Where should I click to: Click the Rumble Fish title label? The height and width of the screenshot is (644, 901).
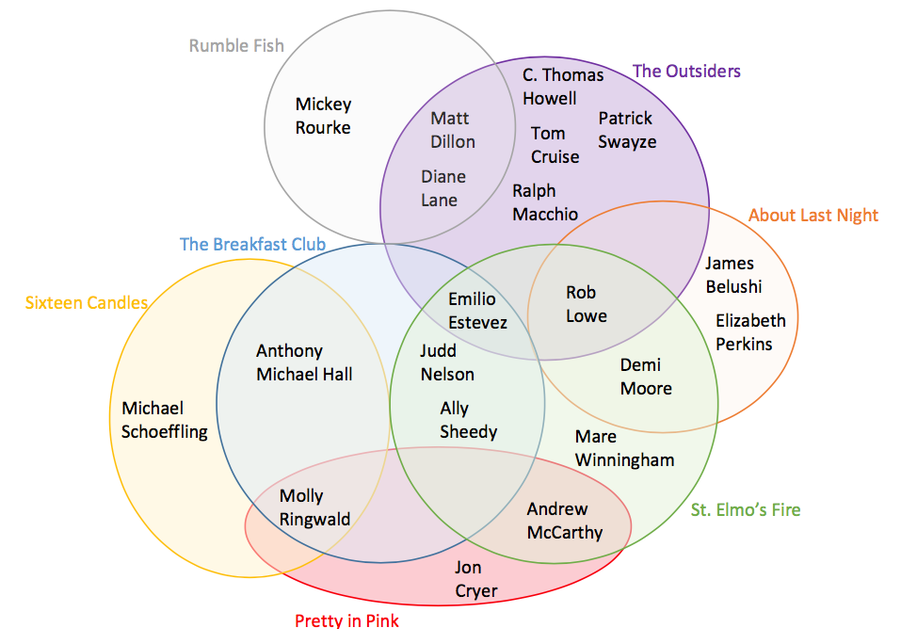click(236, 45)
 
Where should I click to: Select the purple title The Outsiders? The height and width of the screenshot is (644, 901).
click(686, 71)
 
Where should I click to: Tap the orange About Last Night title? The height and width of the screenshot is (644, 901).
click(813, 215)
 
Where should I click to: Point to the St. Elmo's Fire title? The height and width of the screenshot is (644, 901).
click(746, 509)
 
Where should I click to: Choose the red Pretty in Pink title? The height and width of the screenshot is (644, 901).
click(346, 620)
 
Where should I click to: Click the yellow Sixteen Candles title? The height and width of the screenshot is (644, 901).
click(87, 302)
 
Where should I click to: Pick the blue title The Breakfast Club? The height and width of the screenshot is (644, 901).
click(252, 245)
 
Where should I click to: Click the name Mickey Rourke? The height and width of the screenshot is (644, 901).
click(323, 116)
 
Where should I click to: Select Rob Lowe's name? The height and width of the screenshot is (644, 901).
click(586, 304)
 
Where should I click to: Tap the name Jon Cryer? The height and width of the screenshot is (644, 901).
click(475, 579)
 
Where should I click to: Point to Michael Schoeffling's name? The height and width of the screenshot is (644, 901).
click(165, 420)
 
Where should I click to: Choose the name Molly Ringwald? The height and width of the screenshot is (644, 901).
click(314, 507)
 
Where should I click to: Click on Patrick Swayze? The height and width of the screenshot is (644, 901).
click(627, 130)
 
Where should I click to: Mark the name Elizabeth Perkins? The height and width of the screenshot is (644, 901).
click(749, 332)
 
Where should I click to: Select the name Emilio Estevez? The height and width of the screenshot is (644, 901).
click(477, 311)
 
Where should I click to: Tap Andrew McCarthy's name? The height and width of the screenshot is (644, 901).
click(564, 521)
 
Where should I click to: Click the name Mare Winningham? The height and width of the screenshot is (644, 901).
click(624, 448)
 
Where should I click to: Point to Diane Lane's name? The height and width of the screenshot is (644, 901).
click(442, 188)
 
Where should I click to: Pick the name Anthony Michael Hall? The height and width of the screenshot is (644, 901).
click(304, 362)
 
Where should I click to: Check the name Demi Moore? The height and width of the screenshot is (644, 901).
click(645, 377)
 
